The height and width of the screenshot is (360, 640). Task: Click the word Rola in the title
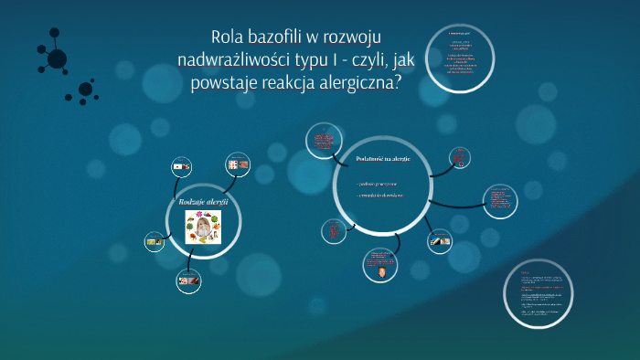[229, 37]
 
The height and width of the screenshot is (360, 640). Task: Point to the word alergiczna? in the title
[359, 85]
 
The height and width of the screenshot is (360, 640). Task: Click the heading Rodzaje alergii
[203, 201]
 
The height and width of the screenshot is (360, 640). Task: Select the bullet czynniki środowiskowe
[379, 196]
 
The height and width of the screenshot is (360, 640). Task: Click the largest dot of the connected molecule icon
[57, 59]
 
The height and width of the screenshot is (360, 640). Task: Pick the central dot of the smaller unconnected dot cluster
[86, 90]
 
